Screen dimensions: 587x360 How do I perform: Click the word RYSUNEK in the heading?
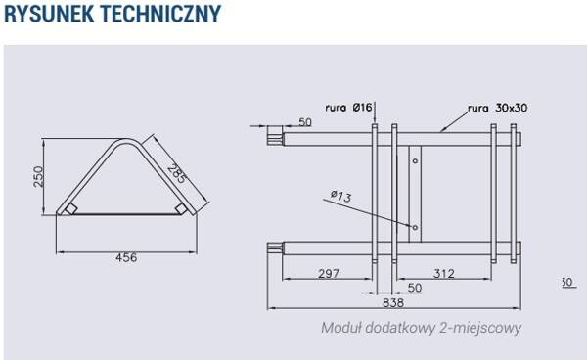coord(49,14)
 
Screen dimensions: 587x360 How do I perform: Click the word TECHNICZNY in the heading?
coord(161,14)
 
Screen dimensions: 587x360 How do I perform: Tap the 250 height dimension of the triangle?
coord(38,177)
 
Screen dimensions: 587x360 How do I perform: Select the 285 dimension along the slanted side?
coord(177,173)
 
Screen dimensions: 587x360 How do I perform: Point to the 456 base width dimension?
coord(126,257)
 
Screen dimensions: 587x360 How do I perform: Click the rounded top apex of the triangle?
coord(126,142)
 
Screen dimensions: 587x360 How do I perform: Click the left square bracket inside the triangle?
coord(70,208)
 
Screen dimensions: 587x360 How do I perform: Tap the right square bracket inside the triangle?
coord(181,208)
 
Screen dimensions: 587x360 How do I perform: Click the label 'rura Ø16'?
coord(348,108)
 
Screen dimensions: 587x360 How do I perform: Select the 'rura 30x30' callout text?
coord(498,108)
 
